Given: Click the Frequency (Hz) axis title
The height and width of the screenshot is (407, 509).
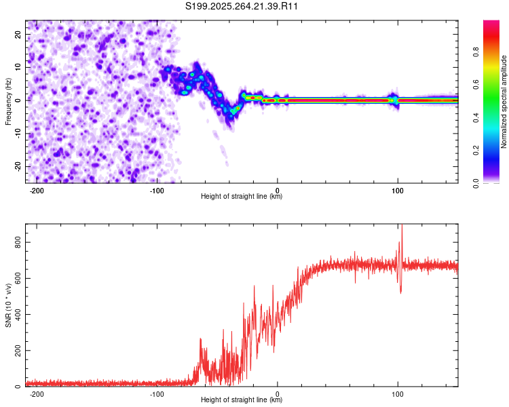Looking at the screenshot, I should point(9,101).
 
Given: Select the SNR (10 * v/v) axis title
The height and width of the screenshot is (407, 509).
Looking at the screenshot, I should point(9,305).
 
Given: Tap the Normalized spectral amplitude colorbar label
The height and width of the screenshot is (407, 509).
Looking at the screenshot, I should point(504,102).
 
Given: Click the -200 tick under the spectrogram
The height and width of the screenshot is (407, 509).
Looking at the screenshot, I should point(37,191).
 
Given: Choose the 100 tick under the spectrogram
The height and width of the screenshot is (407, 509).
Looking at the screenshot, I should point(398,191).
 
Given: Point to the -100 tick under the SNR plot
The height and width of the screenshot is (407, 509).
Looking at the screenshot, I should point(157,394).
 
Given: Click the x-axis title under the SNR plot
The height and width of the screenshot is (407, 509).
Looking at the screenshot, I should point(242,400).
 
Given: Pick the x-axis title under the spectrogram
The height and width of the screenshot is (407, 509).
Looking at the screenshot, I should point(242,197).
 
